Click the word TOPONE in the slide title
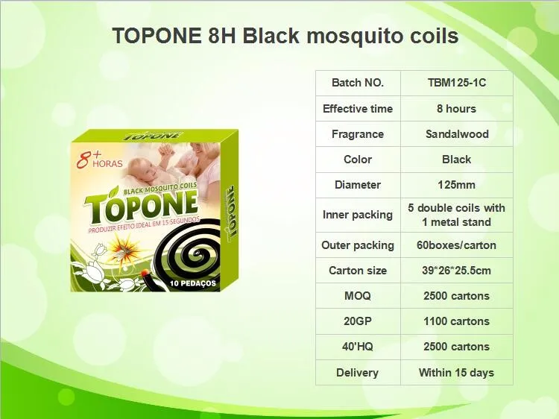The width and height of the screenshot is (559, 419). coord(154,36)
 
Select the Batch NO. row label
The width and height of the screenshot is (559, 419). coord(357,83)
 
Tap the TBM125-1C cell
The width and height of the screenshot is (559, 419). coord(456,83)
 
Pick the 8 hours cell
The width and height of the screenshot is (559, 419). coord(456,108)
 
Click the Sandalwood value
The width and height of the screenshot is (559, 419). coord(456,134)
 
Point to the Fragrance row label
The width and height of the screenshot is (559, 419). coord(357,134)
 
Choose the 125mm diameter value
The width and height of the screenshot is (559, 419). coord(456,184)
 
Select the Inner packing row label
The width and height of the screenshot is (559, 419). coord(357,215)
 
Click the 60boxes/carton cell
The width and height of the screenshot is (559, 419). coord(456,245)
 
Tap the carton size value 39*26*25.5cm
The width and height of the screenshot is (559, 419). coord(456,271)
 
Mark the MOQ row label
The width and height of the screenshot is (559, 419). coord(357,296)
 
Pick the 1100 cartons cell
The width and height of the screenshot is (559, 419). coord(456,321)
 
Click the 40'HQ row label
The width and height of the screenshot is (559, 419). coord(357,347)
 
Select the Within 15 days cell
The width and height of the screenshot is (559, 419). coord(456,373)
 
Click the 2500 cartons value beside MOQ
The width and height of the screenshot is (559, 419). coord(456,296)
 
